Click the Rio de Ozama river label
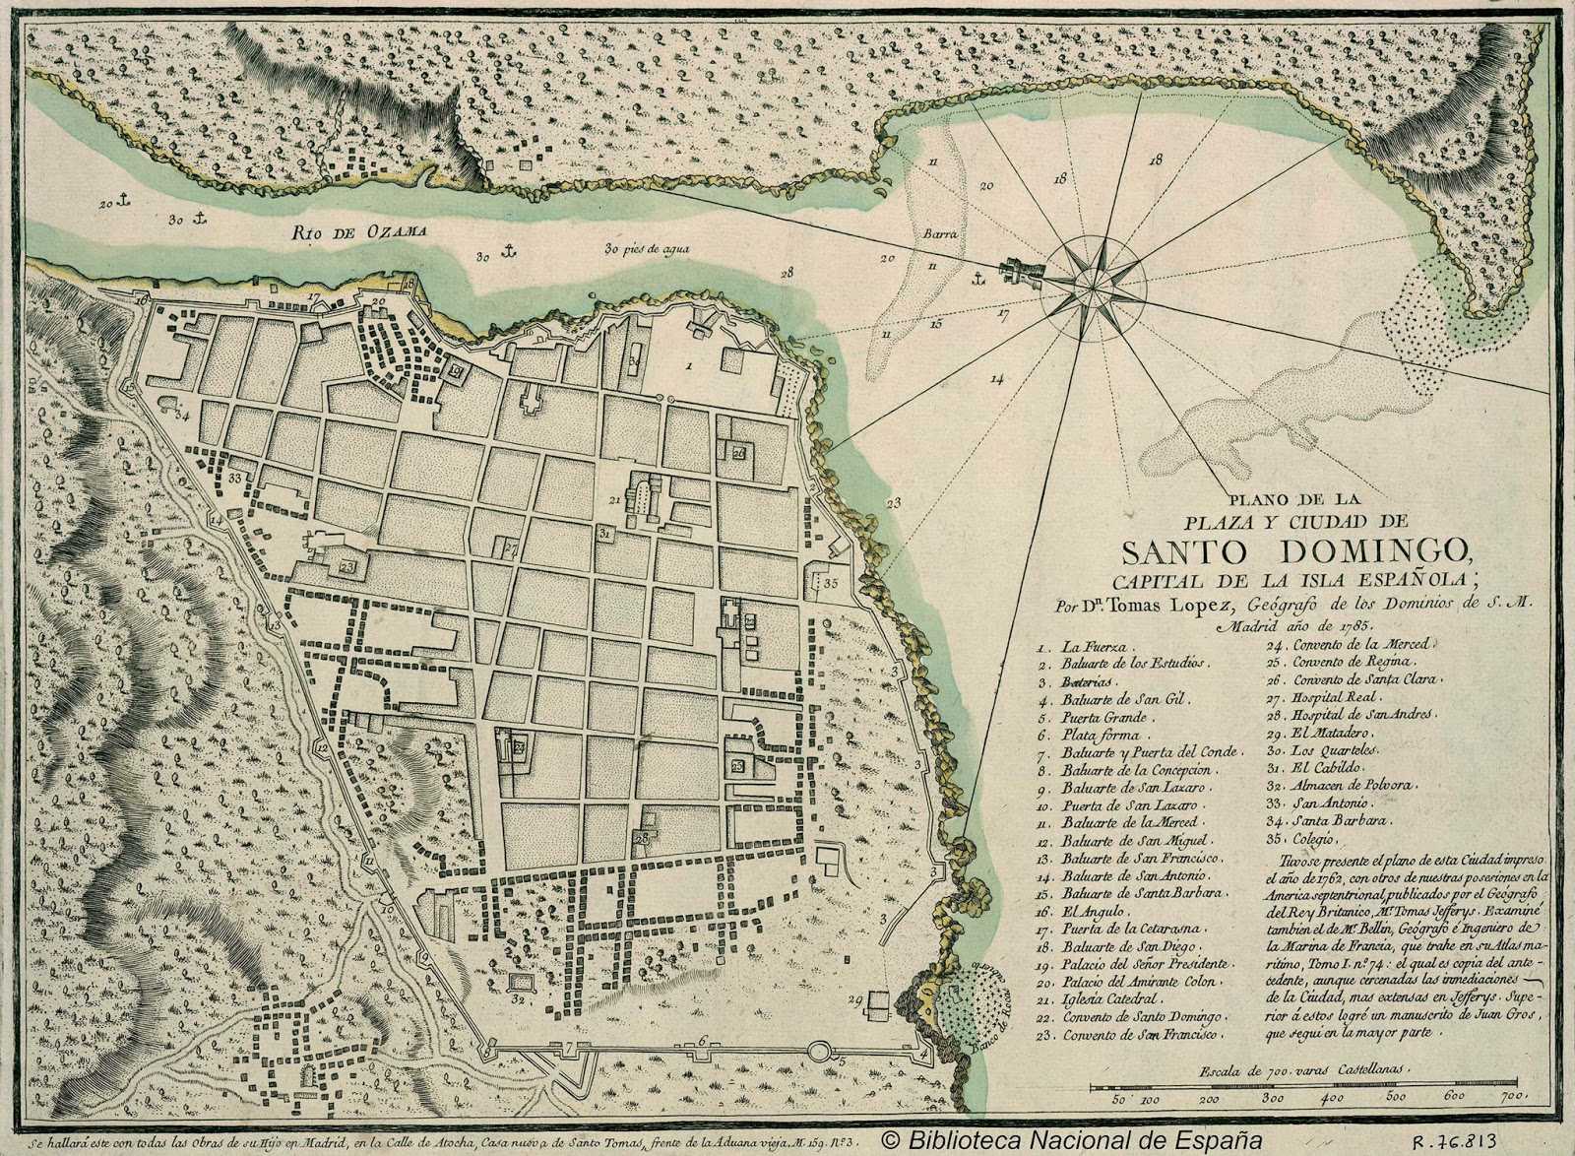(359, 232)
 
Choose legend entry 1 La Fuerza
(1078, 648)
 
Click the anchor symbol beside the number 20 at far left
(124, 201)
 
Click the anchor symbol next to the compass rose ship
(978, 281)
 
